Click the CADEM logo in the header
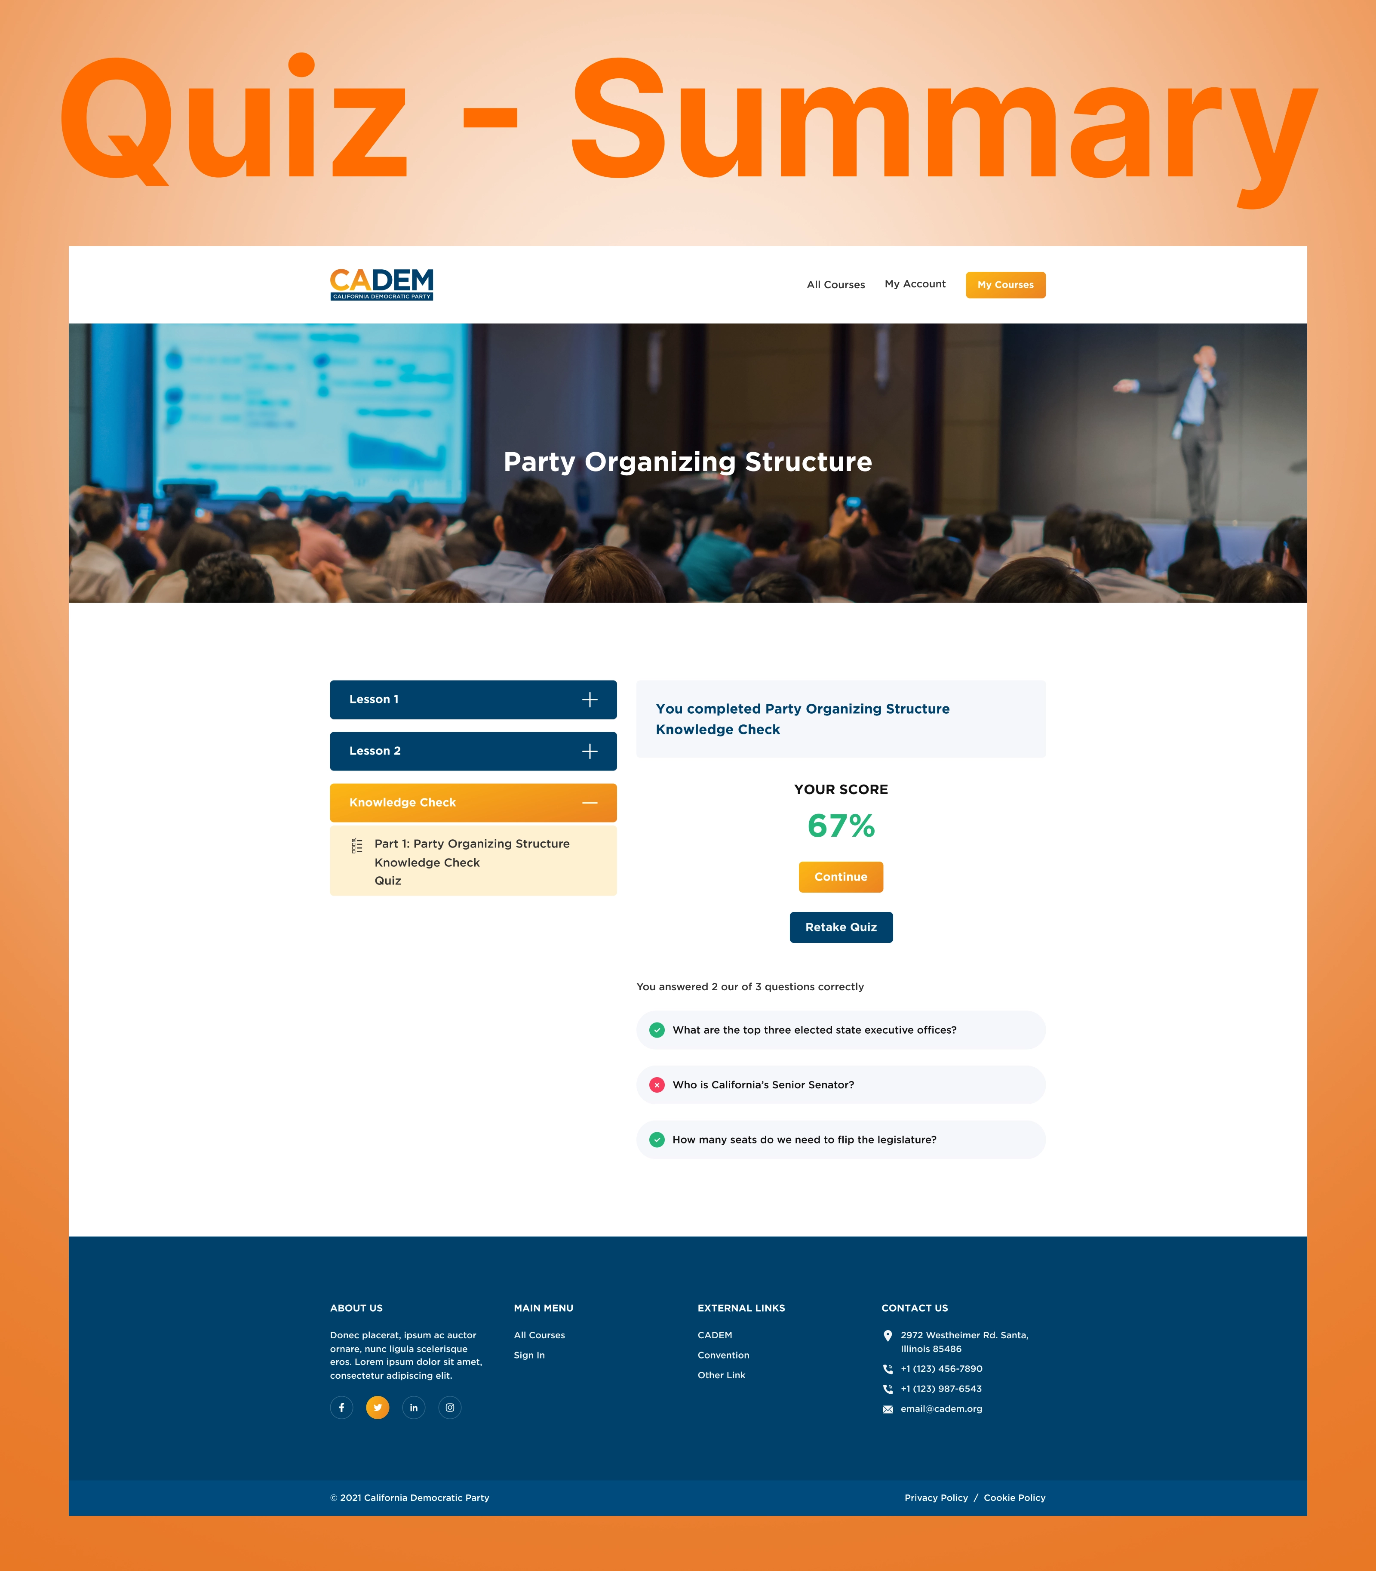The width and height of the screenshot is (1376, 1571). coord(382,284)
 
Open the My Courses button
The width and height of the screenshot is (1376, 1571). coord(1005,285)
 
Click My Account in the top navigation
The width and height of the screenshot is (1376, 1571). coord(915,284)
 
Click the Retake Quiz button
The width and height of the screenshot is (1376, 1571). coord(841,927)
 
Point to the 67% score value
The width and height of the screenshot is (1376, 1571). coord(841,826)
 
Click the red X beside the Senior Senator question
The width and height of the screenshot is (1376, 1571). coord(657,1085)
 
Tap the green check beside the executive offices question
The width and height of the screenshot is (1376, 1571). coord(657,1030)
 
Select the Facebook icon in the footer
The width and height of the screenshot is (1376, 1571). coord(342,1408)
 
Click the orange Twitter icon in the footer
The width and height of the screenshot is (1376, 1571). coord(378,1408)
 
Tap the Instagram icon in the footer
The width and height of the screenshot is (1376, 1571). coord(450,1408)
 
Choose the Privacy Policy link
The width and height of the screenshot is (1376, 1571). coord(936,1497)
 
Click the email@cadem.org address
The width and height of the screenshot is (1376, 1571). coord(941,1409)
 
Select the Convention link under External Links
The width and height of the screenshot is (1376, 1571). coord(723,1355)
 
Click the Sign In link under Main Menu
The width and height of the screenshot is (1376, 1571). coord(529,1355)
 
